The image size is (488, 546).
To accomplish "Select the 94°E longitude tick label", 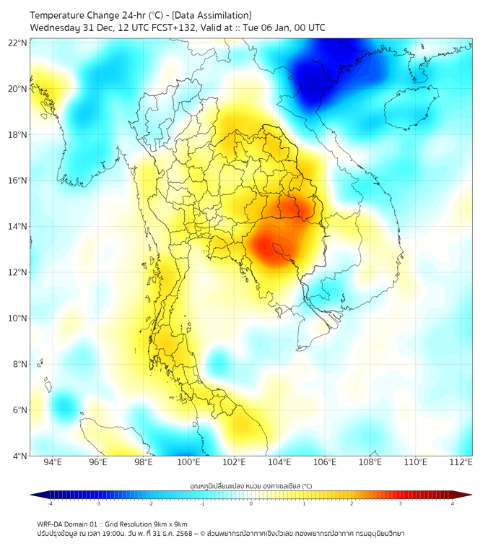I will click(53, 463).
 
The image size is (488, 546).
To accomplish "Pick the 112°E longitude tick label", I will click(461, 463).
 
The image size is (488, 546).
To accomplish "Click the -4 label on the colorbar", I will click(49, 503).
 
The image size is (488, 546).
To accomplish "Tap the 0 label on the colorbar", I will click(251, 503).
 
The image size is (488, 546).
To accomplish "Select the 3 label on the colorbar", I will click(402, 503).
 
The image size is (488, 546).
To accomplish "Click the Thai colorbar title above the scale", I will click(250, 486).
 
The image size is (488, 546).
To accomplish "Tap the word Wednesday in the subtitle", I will click(55, 28).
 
